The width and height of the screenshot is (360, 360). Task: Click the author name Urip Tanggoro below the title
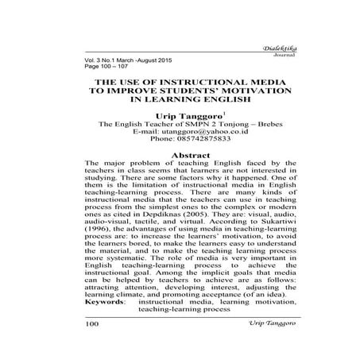pyautogui.click(x=177, y=116)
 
